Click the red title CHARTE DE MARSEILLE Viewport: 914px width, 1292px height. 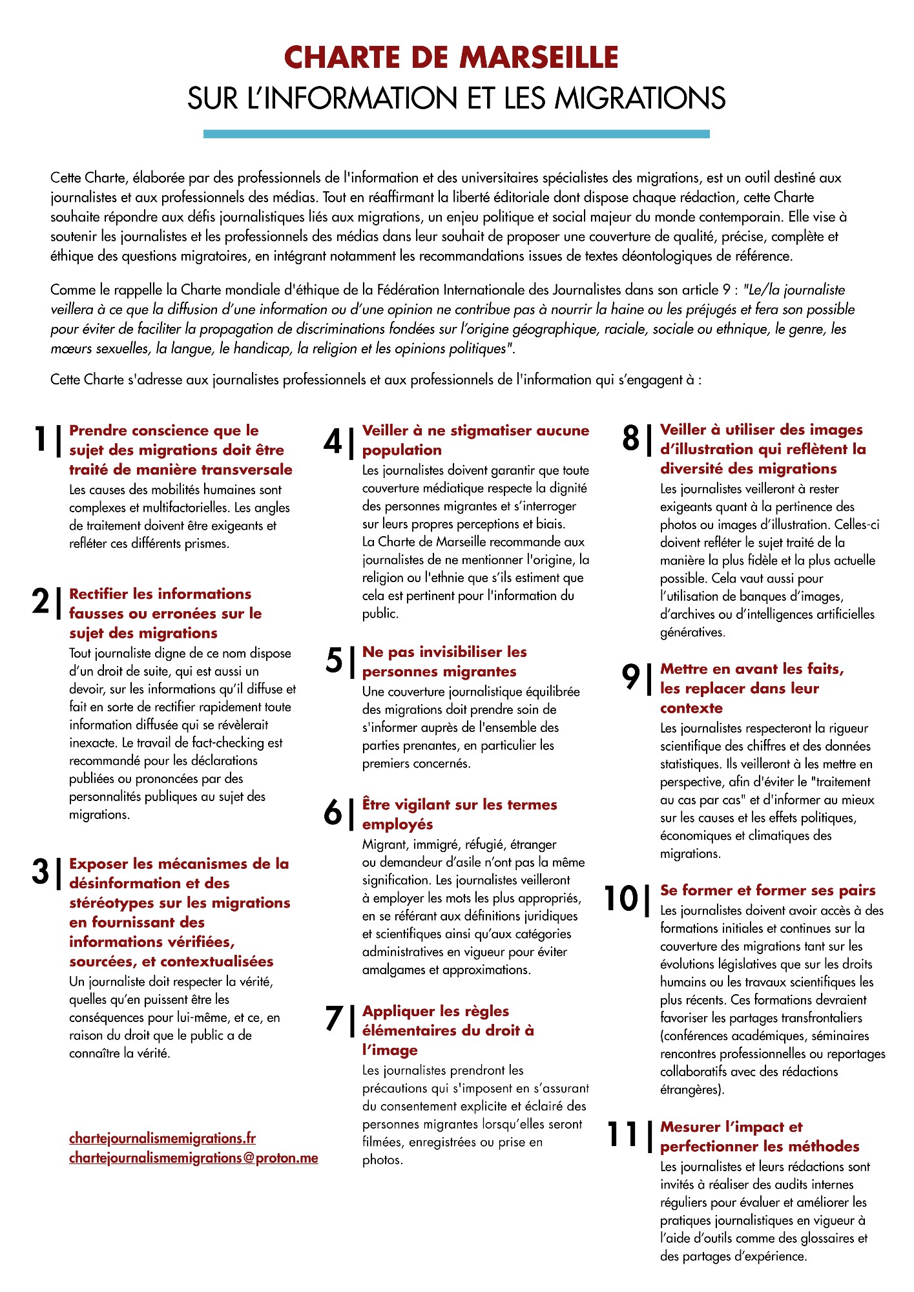pyautogui.click(x=451, y=57)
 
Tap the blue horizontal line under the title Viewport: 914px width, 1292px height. pyautogui.click(x=456, y=134)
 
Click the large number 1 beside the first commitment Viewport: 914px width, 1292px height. pyautogui.click(x=41, y=439)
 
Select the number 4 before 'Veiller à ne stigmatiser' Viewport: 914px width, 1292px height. pyautogui.click(x=333, y=441)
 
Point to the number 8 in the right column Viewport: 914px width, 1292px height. pyautogui.click(x=630, y=439)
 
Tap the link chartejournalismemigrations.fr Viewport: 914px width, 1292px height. pyautogui.click(x=162, y=1138)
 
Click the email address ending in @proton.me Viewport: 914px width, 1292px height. pyautogui.click(x=193, y=1158)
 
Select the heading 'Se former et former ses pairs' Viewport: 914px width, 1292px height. pyautogui.click(x=767, y=890)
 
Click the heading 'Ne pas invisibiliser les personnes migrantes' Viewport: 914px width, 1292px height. pyautogui.click(x=444, y=662)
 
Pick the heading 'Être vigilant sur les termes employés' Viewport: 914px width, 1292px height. pyautogui.click(x=459, y=814)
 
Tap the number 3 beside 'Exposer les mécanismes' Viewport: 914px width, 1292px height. pyautogui.click(x=40, y=871)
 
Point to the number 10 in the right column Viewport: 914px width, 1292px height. pyautogui.click(x=621, y=898)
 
